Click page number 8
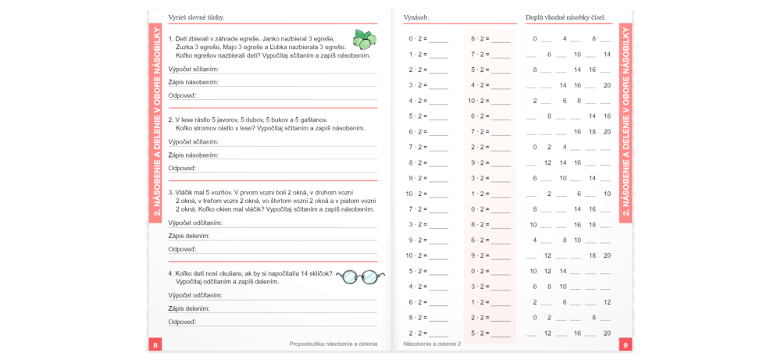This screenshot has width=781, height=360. (x=155, y=344)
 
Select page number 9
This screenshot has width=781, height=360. (x=626, y=344)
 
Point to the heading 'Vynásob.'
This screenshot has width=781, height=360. (x=416, y=17)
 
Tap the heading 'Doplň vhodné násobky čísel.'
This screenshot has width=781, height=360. (x=565, y=17)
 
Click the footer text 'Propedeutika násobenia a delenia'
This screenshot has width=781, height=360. (x=333, y=344)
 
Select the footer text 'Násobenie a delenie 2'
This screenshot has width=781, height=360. (x=432, y=344)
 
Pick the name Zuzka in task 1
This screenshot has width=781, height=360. (x=187, y=47)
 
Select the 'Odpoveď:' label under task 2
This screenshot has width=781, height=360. (x=183, y=168)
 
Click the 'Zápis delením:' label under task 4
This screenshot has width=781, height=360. (x=188, y=308)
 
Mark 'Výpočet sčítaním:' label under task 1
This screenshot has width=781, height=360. (x=193, y=69)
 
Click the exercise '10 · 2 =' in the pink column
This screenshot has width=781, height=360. (x=478, y=101)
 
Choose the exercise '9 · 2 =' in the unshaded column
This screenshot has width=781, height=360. (x=416, y=178)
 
